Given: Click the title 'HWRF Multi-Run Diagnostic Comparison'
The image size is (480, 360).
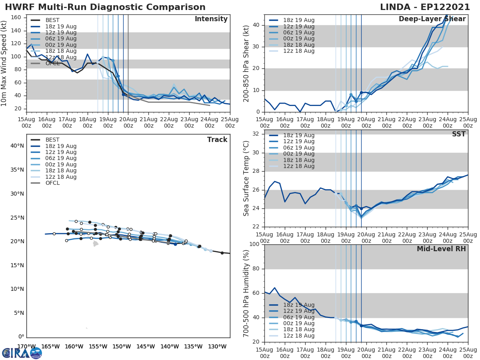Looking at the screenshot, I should point(105,7).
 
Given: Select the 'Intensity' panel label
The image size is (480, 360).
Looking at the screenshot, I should point(211,19).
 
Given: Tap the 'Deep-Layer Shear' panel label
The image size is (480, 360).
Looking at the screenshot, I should point(432,19).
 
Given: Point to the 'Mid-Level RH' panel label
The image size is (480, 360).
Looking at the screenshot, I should point(441,249).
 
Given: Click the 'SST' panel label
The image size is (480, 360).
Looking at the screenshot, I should point(459,134).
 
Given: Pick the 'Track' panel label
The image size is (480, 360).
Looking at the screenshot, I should point(217,140).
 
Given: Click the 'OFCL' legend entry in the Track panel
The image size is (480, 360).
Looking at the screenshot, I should point(52,183).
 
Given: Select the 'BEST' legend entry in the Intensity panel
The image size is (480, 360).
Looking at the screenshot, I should point(52,20).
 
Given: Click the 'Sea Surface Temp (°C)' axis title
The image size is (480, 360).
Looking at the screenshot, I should point(246,178).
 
